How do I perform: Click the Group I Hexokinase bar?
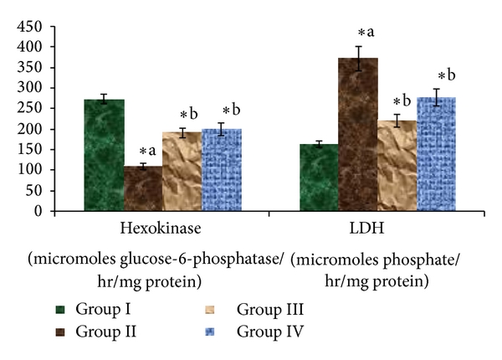click(104, 155)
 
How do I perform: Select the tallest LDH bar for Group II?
click(357, 134)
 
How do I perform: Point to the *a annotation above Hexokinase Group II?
click(147, 151)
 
